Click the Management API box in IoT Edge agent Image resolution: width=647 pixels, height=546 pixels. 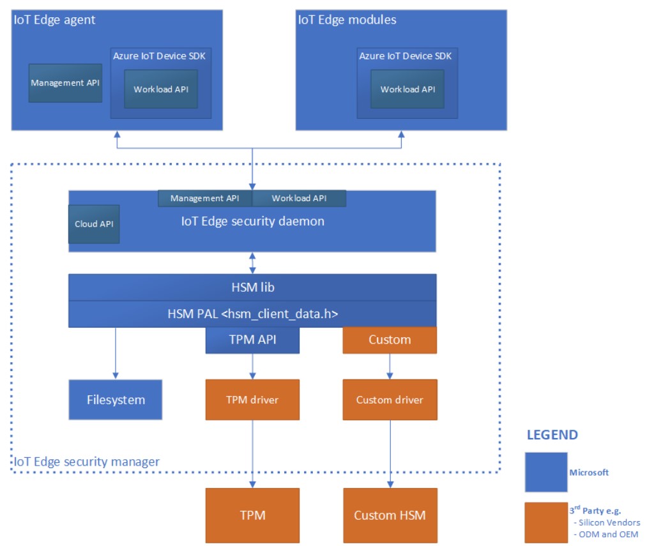65,82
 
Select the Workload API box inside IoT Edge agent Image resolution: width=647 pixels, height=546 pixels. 161,89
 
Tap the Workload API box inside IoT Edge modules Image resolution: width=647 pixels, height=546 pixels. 407,89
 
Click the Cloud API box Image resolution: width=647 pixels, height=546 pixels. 94,224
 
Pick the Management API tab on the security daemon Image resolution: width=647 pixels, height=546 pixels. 205,199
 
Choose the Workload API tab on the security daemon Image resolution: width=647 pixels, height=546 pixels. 299,199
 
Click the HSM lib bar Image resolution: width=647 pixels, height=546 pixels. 252,287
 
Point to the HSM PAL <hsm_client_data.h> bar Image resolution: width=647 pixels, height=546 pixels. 252,314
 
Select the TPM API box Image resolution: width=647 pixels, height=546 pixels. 252,340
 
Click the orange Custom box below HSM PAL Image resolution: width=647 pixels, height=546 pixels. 390,340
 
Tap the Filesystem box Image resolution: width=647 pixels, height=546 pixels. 116,400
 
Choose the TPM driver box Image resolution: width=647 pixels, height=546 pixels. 252,400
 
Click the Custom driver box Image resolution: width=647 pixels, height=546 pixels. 390,400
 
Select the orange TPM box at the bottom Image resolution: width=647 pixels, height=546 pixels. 252,515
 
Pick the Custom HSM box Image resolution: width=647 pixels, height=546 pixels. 390,515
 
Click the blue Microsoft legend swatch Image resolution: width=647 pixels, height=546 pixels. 545,472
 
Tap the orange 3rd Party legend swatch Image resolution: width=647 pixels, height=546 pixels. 545,522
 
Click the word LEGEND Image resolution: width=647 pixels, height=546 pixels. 552,436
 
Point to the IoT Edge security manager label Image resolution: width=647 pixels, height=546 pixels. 87,461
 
